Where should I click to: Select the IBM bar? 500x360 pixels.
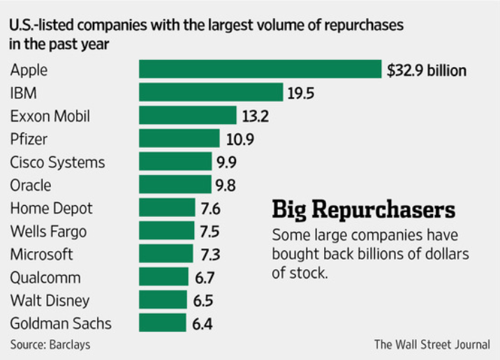211,93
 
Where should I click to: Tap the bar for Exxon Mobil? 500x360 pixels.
188,116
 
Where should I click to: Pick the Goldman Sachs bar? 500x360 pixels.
163,323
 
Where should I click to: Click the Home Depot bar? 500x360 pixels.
167,208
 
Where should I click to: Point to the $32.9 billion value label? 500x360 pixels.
426,70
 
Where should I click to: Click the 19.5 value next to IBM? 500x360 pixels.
302,93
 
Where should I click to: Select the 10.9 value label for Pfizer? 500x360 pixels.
240,140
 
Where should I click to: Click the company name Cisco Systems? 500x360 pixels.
57,162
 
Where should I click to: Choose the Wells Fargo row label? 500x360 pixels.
48,231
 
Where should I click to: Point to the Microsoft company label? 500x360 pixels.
41,254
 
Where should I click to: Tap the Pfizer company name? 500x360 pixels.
27,139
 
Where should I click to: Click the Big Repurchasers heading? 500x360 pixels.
363,209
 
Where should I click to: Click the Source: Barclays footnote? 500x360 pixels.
50,345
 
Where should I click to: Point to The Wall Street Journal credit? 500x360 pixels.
432,344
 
